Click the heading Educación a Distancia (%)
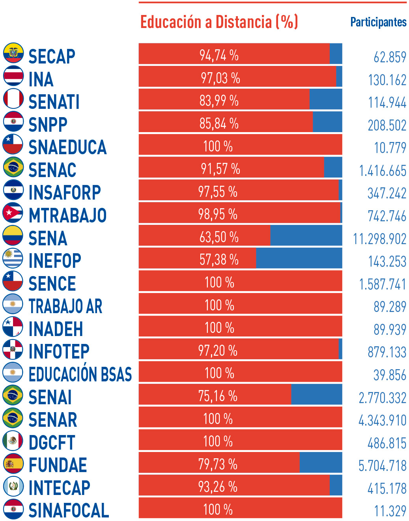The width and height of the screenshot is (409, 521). pyautogui.click(x=219, y=22)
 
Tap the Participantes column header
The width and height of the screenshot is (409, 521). pyautogui.click(x=378, y=22)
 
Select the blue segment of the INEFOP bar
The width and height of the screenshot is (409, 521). pyautogui.click(x=299, y=258)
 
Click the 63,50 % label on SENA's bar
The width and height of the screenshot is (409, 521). pyautogui.click(x=219, y=237)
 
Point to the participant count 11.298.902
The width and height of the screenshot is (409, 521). pyautogui.click(x=379, y=239)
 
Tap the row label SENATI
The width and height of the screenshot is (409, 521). pyautogui.click(x=54, y=102)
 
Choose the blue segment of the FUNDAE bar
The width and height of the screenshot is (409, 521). pyautogui.click(x=321, y=463)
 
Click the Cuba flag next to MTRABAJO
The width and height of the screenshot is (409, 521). pyautogui.click(x=13, y=213)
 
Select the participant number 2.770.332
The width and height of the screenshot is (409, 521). pyautogui.click(x=382, y=398)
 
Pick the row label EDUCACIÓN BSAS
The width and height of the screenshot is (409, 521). pyautogui.click(x=80, y=374)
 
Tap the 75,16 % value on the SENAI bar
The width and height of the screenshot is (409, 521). pyautogui.click(x=218, y=396)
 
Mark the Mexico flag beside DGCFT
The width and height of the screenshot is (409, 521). pyautogui.click(x=13, y=440)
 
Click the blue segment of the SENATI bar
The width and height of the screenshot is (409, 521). pyautogui.click(x=326, y=99)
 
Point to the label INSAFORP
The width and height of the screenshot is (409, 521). pyautogui.click(x=65, y=192)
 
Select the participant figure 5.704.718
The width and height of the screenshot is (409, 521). pyautogui.click(x=382, y=466)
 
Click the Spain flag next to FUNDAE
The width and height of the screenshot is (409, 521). pyautogui.click(x=13, y=463)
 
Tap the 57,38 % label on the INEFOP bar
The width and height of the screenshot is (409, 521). pyautogui.click(x=219, y=260)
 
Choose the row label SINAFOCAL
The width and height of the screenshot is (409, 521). pyautogui.click(x=69, y=510)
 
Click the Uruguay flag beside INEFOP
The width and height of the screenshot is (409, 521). pyautogui.click(x=13, y=258)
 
